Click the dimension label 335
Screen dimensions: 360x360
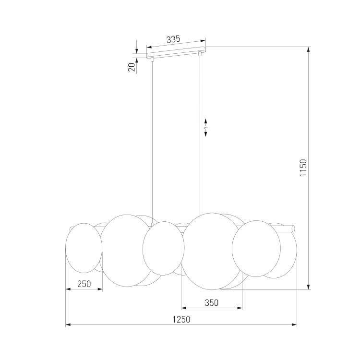173,39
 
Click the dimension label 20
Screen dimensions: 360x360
132,67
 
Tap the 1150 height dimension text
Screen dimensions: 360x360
303,168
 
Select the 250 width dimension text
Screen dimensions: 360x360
84,284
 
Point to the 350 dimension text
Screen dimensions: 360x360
212,303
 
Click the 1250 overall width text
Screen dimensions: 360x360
181,319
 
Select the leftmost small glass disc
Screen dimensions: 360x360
84,248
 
